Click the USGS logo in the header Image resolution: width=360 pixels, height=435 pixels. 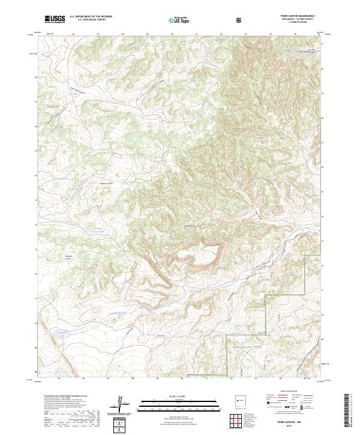pos(55,19)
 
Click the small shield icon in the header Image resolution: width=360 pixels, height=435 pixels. pos(239,20)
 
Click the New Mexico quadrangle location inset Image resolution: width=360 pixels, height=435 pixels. pos(235,401)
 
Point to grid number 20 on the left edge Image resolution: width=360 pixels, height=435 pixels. pos(35,77)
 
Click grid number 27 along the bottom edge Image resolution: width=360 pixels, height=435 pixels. pos(108,379)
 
